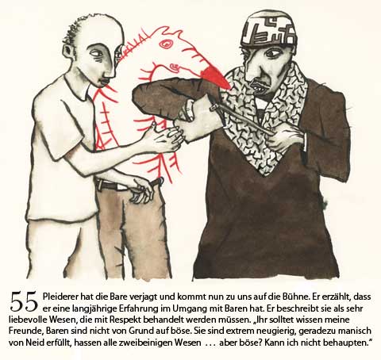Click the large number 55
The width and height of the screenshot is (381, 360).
click(24, 301)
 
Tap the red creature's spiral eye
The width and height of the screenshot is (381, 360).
click(167, 44)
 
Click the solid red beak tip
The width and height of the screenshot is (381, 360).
click(216, 76)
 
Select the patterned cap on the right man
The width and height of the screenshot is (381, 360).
click(269, 29)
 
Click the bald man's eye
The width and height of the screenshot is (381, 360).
click(98, 54)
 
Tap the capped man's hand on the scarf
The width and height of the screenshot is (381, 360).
click(285, 139)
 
